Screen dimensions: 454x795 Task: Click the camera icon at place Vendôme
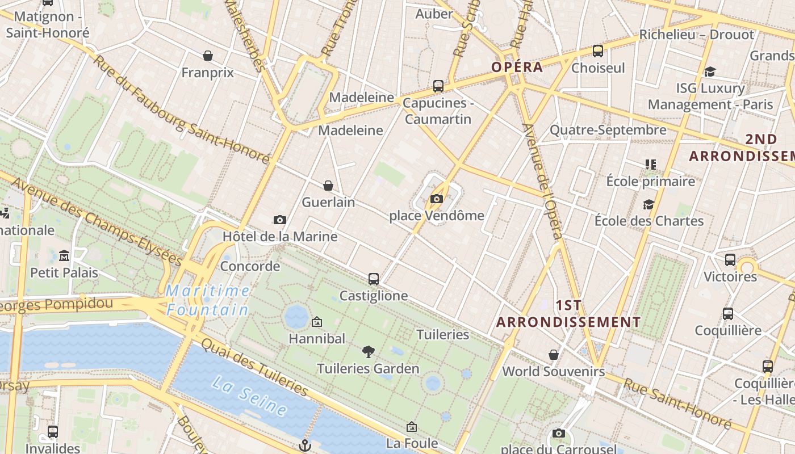(436, 199)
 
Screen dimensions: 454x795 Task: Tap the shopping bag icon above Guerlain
(328, 186)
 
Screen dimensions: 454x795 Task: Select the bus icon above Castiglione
(373, 279)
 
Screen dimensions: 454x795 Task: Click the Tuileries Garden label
(368, 368)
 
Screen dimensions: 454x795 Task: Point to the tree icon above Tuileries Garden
(368, 352)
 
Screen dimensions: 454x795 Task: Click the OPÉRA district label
(517, 67)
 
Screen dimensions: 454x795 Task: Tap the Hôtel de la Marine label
(280, 236)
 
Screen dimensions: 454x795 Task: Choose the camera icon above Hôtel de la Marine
(279, 220)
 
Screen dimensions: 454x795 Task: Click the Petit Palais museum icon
(64, 256)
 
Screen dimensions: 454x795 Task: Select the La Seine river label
(249, 395)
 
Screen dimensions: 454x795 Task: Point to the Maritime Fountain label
(208, 300)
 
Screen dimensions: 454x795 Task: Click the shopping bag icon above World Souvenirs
(554, 355)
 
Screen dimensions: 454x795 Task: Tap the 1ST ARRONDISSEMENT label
(568, 313)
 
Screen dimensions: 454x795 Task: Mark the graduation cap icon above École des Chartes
(648, 204)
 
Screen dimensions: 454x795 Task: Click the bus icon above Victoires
(730, 260)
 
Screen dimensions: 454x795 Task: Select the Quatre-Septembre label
(608, 130)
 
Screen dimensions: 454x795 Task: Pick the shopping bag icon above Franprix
(208, 56)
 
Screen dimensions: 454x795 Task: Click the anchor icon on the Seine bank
(306, 445)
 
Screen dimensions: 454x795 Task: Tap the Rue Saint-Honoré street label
(677, 403)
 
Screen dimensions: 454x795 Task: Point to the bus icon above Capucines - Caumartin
(438, 86)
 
